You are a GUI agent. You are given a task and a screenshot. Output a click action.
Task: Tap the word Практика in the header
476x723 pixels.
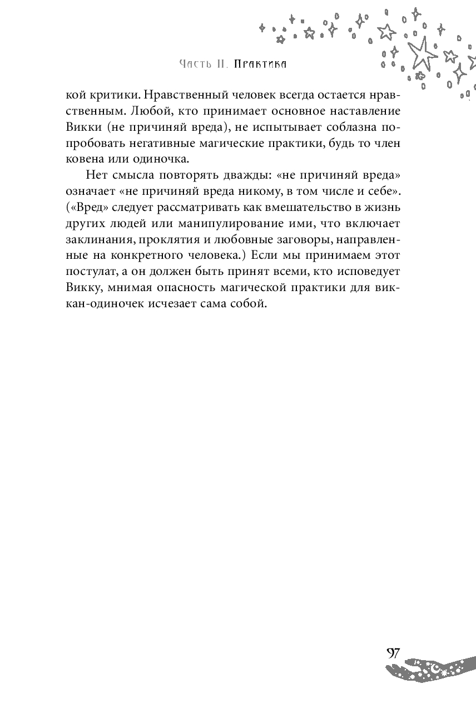coord(260,64)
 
